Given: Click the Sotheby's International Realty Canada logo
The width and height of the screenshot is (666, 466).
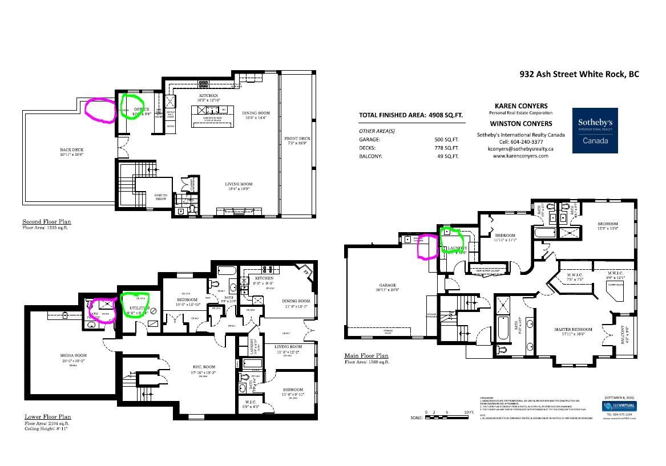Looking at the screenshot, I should pos(595,131).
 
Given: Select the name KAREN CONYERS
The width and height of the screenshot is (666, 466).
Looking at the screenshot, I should pos(520,106).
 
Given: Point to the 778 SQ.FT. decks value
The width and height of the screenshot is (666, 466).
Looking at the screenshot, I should pos(446,148).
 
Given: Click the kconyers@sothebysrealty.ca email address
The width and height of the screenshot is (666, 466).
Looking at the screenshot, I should pos(520,148).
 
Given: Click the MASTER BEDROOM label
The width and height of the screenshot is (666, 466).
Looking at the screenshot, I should pos(573,330).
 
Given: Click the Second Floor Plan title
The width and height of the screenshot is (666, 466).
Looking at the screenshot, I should pos(47,222).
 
